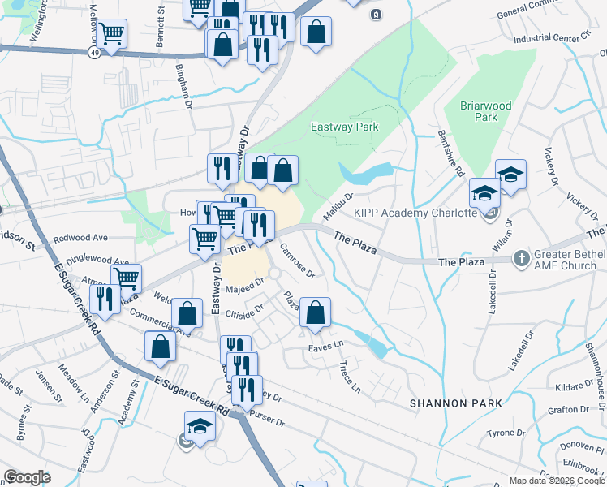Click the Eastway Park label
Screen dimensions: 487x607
click(345, 127)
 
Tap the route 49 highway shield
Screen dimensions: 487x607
click(95, 51)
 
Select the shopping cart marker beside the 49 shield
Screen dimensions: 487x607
click(112, 35)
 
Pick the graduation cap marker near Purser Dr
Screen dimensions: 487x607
click(199, 426)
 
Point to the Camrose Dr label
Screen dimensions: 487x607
click(297, 259)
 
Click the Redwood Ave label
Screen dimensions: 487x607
click(80, 239)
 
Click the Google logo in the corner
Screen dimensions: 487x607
click(26, 477)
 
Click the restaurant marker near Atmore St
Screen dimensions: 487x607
click(105, 300)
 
